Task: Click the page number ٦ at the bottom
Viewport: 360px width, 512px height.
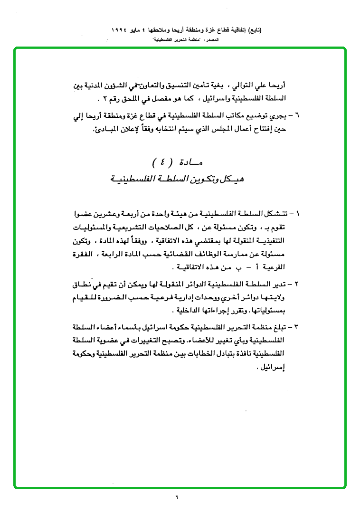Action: click(x=175, y=498)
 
